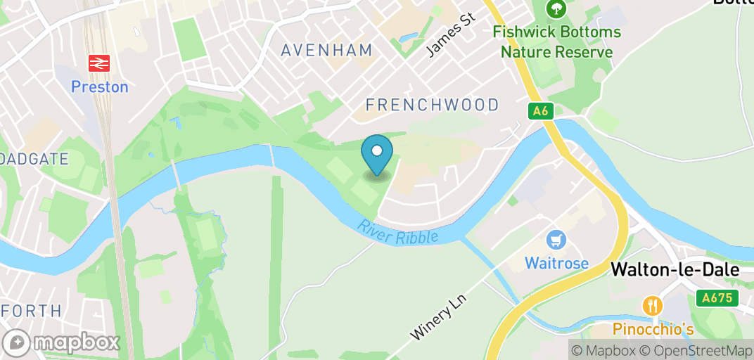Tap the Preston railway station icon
99,64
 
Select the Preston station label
100,87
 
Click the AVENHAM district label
326,50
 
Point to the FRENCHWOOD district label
432,105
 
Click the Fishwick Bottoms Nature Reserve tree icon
556,8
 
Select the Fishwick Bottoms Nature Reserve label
556,41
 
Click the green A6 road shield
540,110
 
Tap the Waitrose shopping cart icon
556,241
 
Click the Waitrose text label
556,264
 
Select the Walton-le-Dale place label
675,269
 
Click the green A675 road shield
718,298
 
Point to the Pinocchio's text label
653,329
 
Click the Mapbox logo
60,342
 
